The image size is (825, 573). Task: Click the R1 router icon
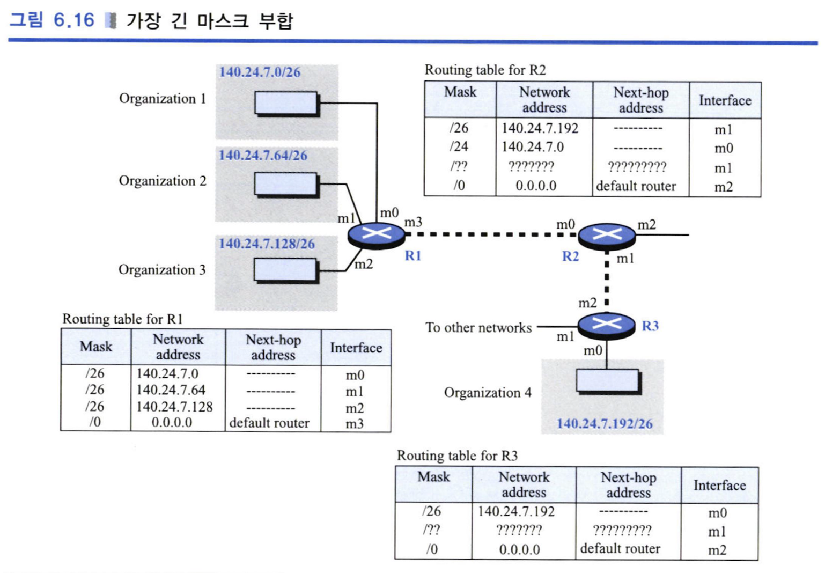377,236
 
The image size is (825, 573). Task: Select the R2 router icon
607,237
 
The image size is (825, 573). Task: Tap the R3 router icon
607,326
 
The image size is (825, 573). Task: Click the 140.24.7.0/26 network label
260,72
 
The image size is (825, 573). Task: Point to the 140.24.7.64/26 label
263,156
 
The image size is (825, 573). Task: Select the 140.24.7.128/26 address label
267,244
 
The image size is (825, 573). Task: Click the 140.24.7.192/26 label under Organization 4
605,424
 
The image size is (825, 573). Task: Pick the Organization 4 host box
609,382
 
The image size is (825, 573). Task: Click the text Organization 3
162,270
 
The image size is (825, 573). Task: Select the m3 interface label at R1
413,222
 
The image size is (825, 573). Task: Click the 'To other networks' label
478,328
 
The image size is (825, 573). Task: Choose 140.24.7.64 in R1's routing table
171,390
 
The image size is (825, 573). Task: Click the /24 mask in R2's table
459,146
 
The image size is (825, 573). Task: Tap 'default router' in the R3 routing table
620,549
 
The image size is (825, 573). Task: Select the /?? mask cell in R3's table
431,530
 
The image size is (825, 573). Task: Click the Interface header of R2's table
725,101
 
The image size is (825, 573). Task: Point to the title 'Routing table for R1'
123,319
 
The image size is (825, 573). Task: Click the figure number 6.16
73,20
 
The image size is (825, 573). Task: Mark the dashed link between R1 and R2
492,234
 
